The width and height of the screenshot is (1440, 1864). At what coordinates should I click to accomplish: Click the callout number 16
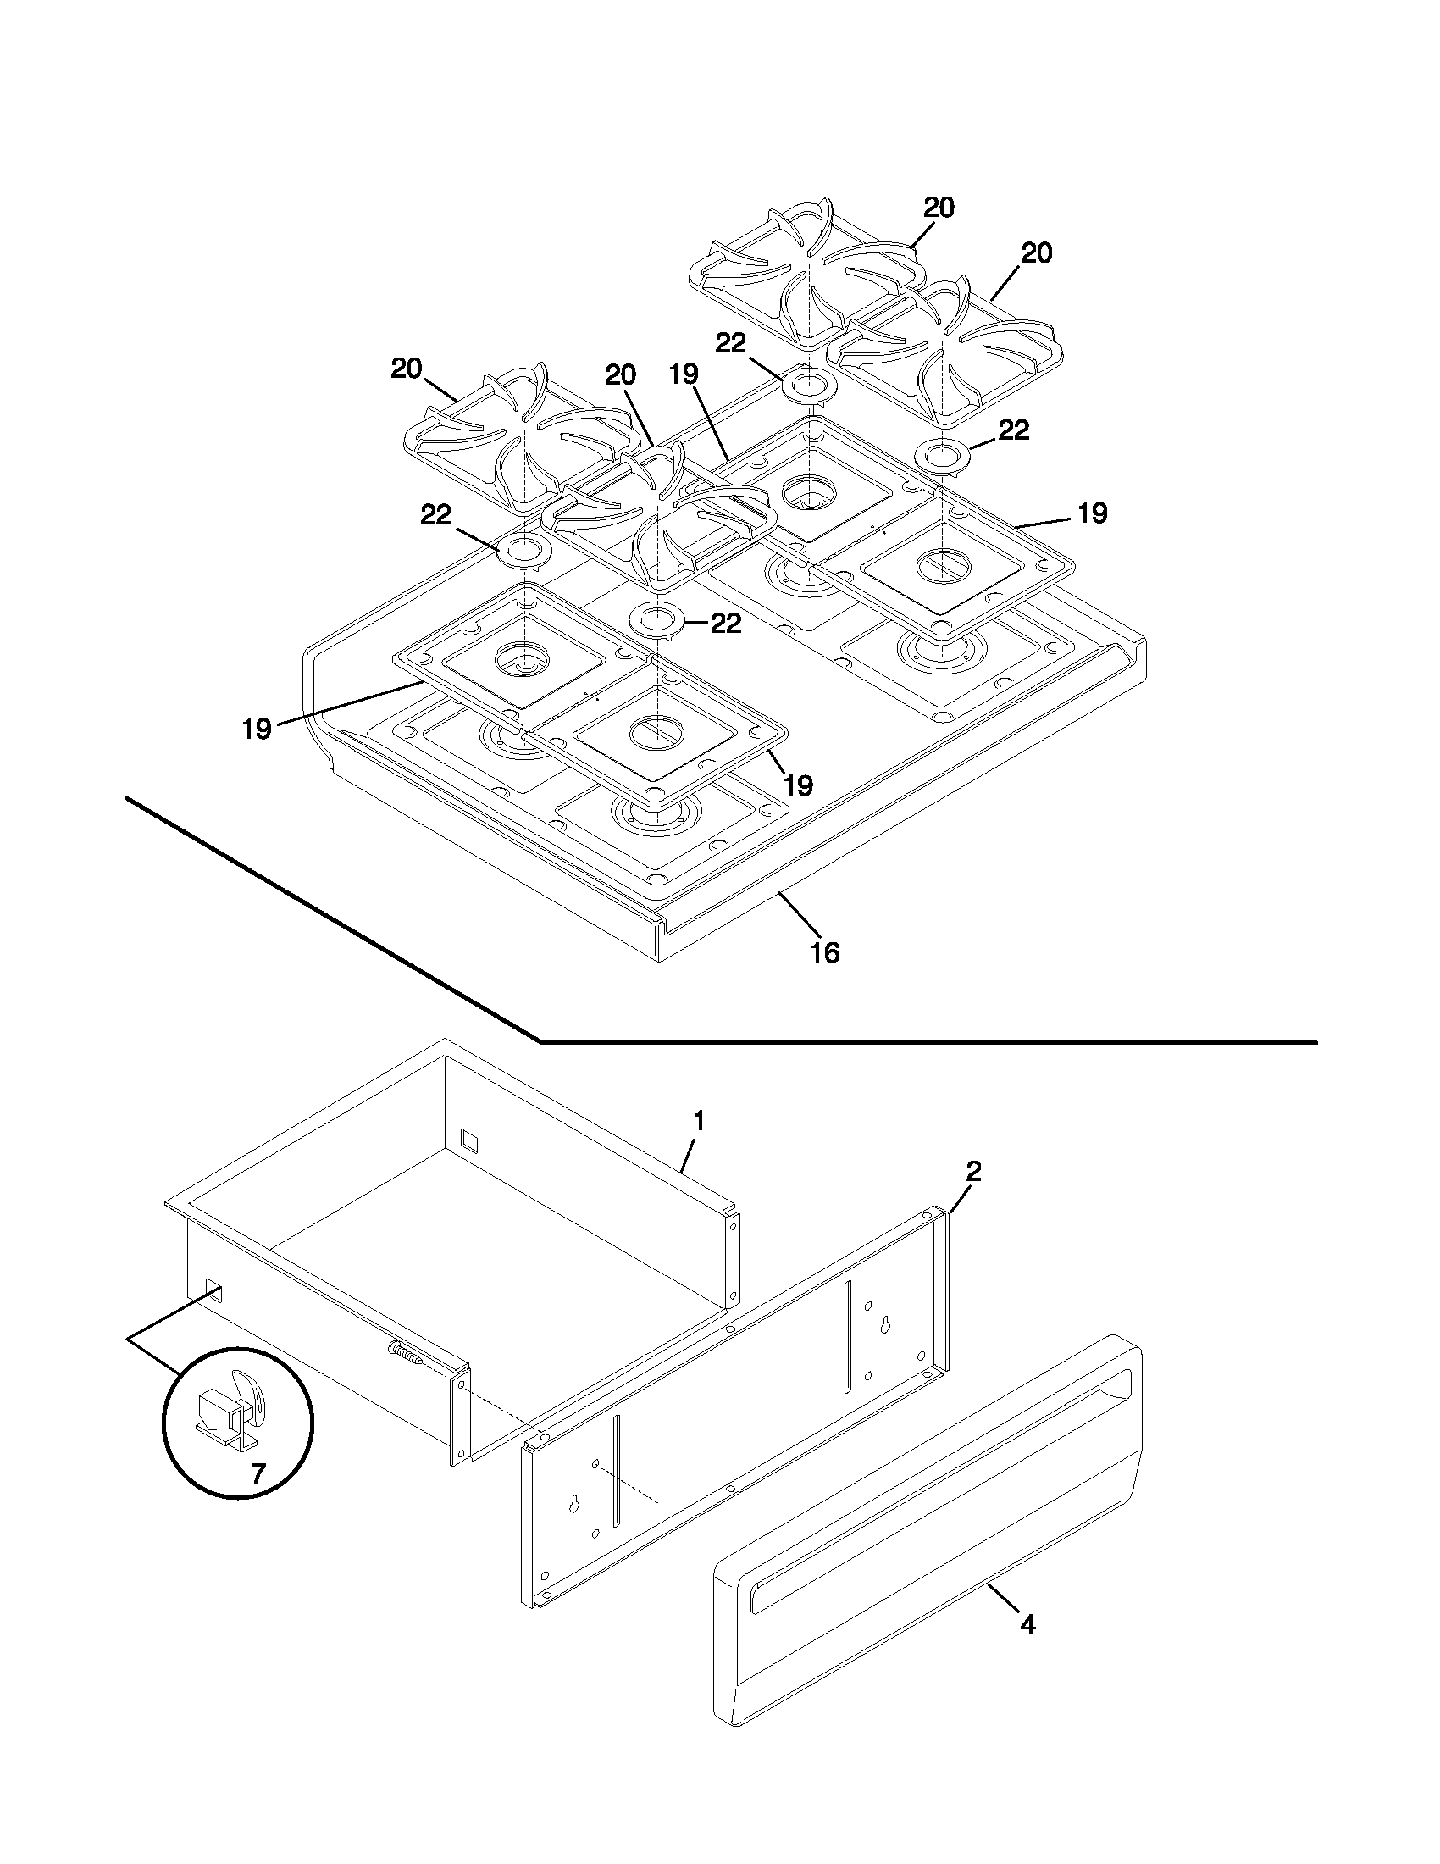pos(824,951)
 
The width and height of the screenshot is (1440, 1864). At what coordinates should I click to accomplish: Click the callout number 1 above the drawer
pos(699,1121)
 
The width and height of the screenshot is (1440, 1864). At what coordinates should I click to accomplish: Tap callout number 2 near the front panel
pos(973,1171)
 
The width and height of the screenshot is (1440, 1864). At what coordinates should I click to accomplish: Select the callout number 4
pos(1028,1625)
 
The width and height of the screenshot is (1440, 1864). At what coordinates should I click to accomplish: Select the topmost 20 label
pos(939,208)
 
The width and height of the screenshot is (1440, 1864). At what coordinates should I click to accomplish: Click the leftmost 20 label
pos(407,369)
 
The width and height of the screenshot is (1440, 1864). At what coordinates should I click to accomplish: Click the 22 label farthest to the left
pos(435,514)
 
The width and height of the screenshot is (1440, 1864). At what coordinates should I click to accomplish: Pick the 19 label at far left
pos(257,728)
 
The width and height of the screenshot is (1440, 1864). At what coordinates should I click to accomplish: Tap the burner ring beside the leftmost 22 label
pos(523,551)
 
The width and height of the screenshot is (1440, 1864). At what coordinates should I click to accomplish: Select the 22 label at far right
pos(1013,430)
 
